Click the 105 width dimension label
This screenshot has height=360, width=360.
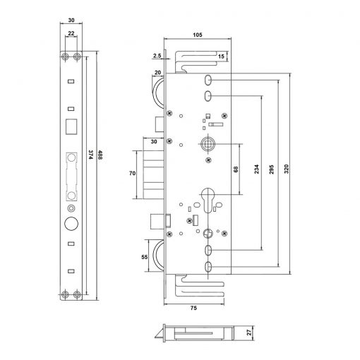(198, 35)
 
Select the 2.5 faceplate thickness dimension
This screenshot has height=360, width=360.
(157, 56)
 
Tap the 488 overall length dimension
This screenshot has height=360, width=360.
(100, 155)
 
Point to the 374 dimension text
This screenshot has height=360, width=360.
(90, 155)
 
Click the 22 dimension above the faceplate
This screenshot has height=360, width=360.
(71, 33)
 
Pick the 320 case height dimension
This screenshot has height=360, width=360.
(286, 169)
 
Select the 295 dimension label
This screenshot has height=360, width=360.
(272, 169)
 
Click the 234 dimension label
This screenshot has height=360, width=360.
(256, 169)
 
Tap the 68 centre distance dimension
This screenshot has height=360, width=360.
(236, 169)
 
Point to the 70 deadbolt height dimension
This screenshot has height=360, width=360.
(132, 173)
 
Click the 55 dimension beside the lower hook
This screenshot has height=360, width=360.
(145, 257)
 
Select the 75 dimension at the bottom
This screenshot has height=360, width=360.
(193, 308)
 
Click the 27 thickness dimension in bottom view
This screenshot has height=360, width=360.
(249, 332)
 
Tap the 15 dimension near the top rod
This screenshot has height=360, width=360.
(221, 56)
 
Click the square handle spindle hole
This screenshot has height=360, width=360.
(208, 144)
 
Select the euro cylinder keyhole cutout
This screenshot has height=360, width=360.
(208, 200)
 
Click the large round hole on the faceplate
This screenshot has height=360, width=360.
(71, 223)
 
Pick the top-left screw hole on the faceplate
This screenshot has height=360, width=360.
(65, 56)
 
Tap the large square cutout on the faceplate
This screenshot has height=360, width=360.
(71, 126)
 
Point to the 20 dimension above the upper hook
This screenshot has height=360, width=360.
(158, 73)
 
